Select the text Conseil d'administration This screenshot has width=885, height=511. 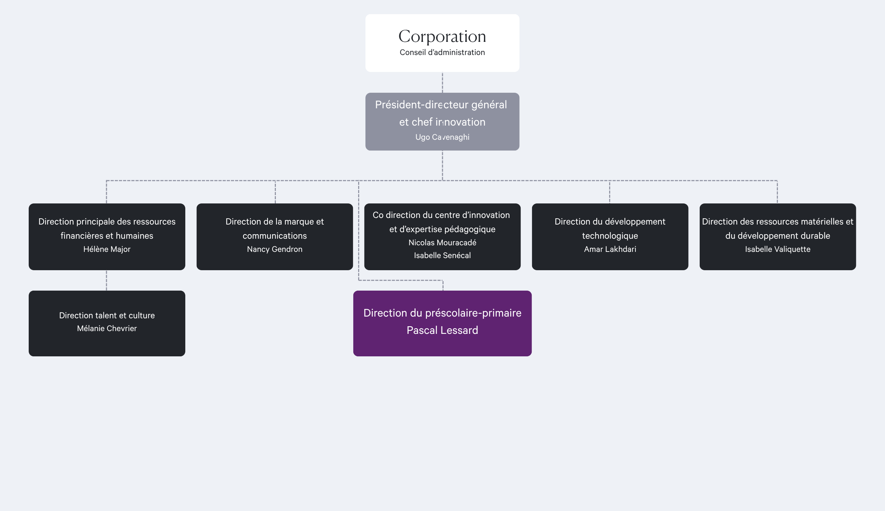click(442, 52)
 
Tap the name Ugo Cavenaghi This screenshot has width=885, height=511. click(442, 137)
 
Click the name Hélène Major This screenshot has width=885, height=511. click(107, 249)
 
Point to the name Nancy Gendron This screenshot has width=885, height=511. click(274, 249)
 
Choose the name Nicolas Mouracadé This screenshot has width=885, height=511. click(442, 243)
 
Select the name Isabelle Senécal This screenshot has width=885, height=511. click(442, 255)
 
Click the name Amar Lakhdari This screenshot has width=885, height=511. click(610, 249)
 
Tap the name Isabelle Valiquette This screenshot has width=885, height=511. click(777, 249)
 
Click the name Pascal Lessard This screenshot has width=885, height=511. click(442, 330)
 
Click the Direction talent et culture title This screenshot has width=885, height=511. click(107, 316)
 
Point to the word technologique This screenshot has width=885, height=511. click(610, 236)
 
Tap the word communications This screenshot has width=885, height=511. click(274, 236)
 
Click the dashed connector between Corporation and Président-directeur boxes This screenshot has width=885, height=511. click(442, 82)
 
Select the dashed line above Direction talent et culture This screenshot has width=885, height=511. click(106, 281)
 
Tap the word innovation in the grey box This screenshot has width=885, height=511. click(460, 122)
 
